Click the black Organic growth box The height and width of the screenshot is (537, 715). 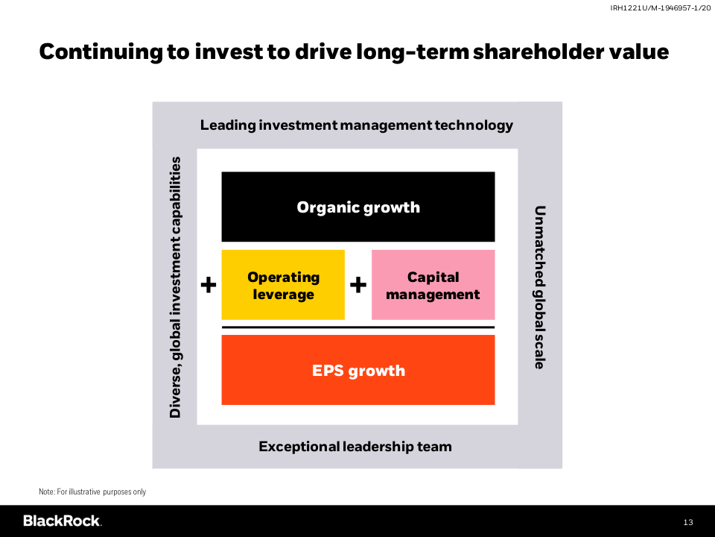[x=358, y=207]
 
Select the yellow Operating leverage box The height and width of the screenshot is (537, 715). [x=283, y=284]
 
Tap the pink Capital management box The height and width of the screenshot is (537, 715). [x=433, y=284]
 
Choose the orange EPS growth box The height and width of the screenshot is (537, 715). [x=358, y=370]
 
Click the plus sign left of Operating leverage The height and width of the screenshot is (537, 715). [x=209, y=285]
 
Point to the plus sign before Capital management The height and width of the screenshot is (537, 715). [x=358, y=285]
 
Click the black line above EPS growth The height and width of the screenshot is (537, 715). [x=358, y=327]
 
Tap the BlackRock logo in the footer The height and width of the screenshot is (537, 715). [x=62, y=521]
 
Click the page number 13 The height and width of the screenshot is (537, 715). [x=688, y=522]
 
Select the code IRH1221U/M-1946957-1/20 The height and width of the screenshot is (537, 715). [x=661, y=8]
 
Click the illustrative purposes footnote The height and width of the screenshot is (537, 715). [x=92, y=492]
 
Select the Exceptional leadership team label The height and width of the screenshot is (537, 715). [x=355, y=446]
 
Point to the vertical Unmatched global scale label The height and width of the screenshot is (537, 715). [x=539, y=287]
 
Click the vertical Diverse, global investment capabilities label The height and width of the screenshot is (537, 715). [x=176, y=287]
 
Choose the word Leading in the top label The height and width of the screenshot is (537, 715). [x=228, y=125]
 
